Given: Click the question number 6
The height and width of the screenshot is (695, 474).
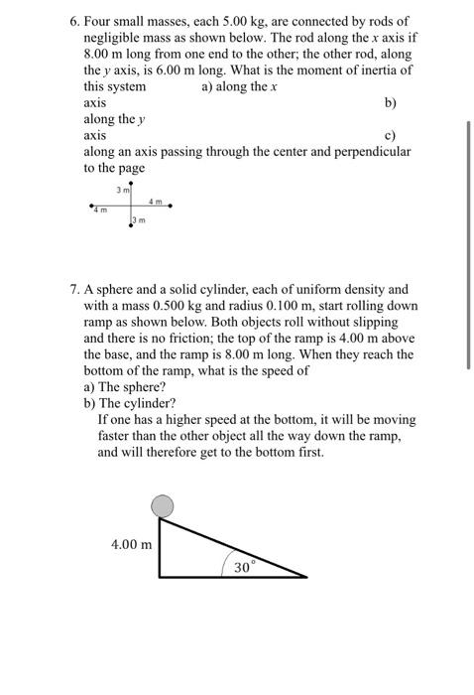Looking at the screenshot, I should pos(74,21).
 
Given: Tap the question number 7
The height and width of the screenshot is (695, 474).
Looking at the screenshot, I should pos(74,289).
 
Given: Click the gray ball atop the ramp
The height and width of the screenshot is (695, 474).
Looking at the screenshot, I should pos(162,506).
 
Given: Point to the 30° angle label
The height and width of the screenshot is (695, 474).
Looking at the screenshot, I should pos(245,567).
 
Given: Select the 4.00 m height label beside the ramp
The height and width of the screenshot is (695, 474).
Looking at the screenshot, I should pos(132,544).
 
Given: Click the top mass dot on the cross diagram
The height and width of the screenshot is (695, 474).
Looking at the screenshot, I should pos(130,184).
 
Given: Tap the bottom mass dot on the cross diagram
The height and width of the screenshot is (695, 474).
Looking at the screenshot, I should pos(130,227).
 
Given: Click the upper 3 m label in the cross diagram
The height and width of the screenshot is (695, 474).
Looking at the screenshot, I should pos(121,189).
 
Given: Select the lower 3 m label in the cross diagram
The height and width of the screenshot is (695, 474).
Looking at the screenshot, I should pos(140,220).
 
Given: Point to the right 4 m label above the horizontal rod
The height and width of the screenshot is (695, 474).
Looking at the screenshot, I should pos(155,201).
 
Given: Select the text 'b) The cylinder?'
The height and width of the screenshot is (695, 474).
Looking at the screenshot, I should pos(130,403).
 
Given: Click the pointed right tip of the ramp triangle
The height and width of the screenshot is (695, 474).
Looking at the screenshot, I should pos(306,576).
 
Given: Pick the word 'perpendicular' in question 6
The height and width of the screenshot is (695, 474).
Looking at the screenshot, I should pos(369,152).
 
